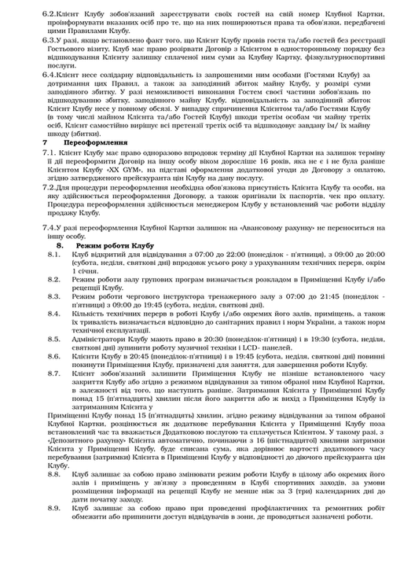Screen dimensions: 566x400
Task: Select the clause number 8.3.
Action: point(53,296)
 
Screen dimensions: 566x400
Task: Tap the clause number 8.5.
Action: point(53,338)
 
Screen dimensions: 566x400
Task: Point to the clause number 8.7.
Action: point(53,373)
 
